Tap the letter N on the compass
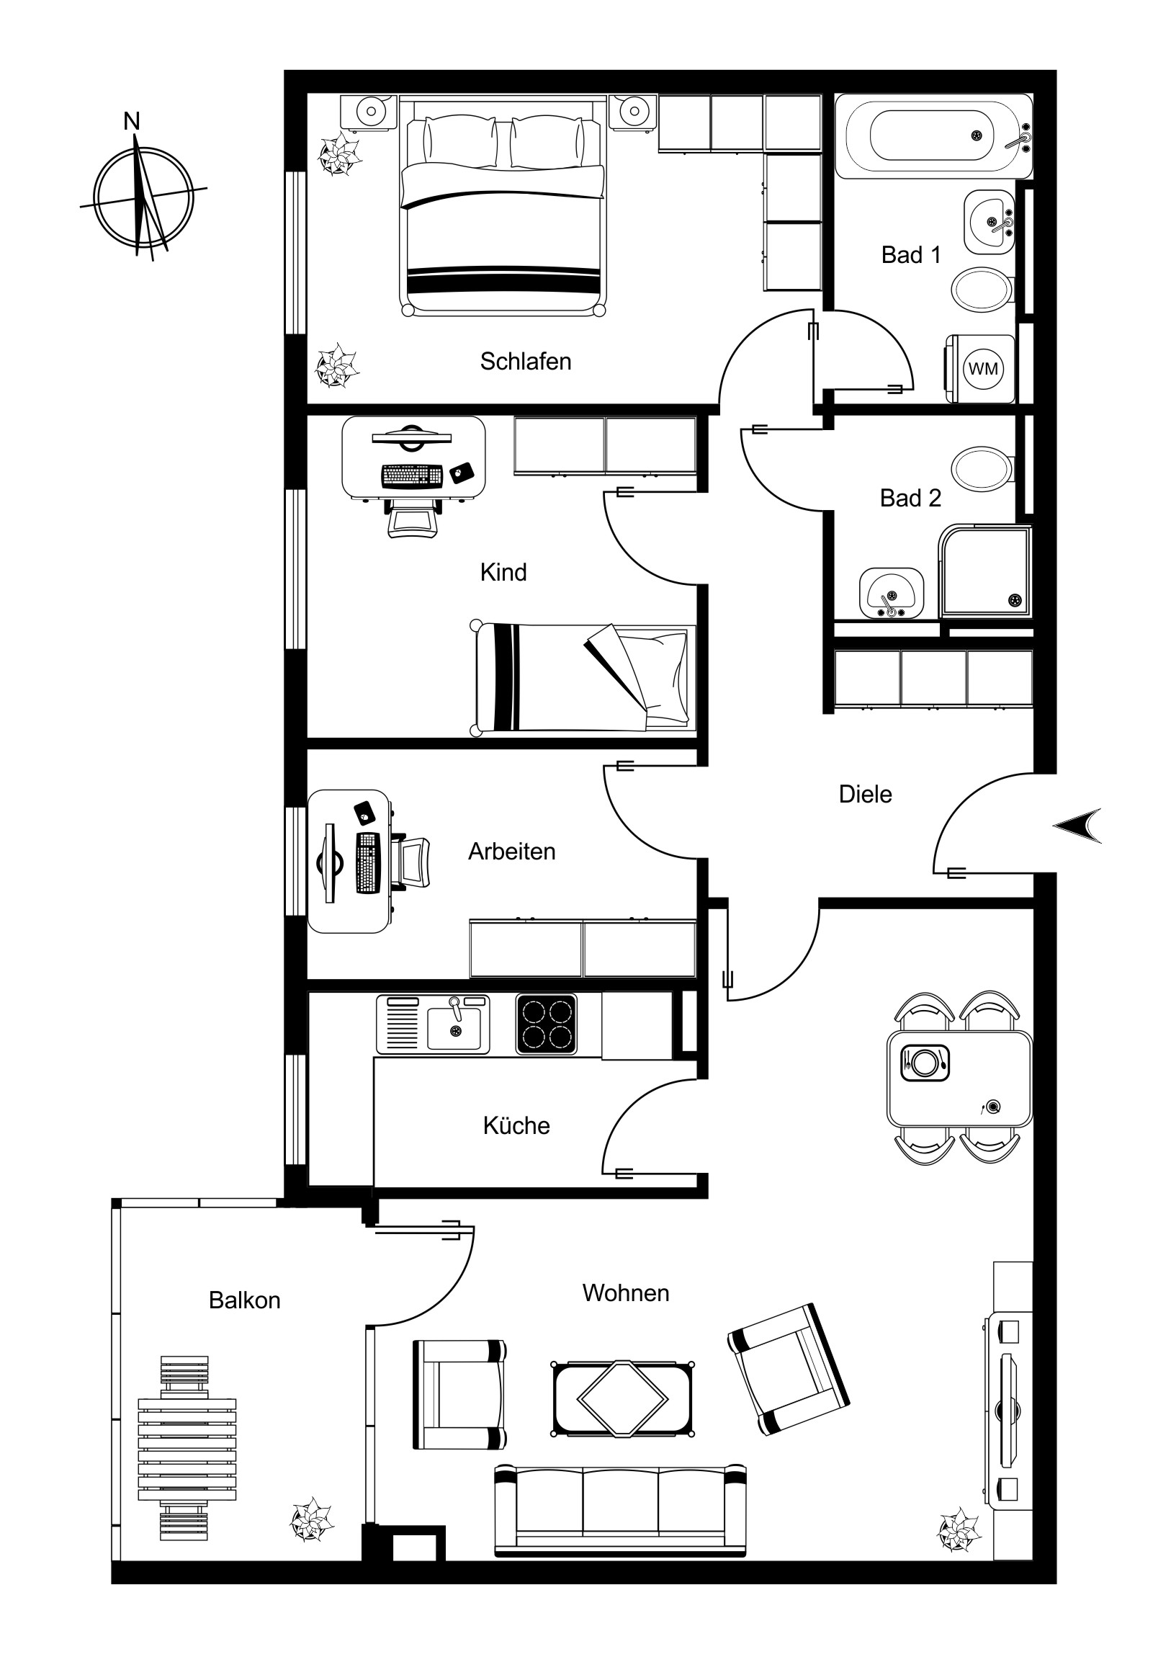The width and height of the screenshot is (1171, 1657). (x=131, y=121)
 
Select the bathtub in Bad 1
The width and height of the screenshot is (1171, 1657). (x=934, y=135)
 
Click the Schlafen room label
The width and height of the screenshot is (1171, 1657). (x=525, y=361)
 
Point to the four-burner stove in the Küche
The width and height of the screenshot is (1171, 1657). (x=546, y=1024)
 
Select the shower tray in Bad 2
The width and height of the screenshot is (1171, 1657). (x=986, y=570)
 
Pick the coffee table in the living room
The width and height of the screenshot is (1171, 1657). (x=623, y=1398)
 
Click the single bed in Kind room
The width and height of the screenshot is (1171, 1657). (x=583, y=678)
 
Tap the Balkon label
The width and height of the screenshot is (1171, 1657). (x=245, y=1300)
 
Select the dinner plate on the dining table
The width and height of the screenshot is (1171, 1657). (x=924, y=1062)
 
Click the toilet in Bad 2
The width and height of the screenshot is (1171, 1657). (x=983, y=468)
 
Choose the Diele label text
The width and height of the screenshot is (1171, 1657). (x=865, y=794)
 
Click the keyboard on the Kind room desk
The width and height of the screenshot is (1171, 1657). (x=412, y=475)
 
